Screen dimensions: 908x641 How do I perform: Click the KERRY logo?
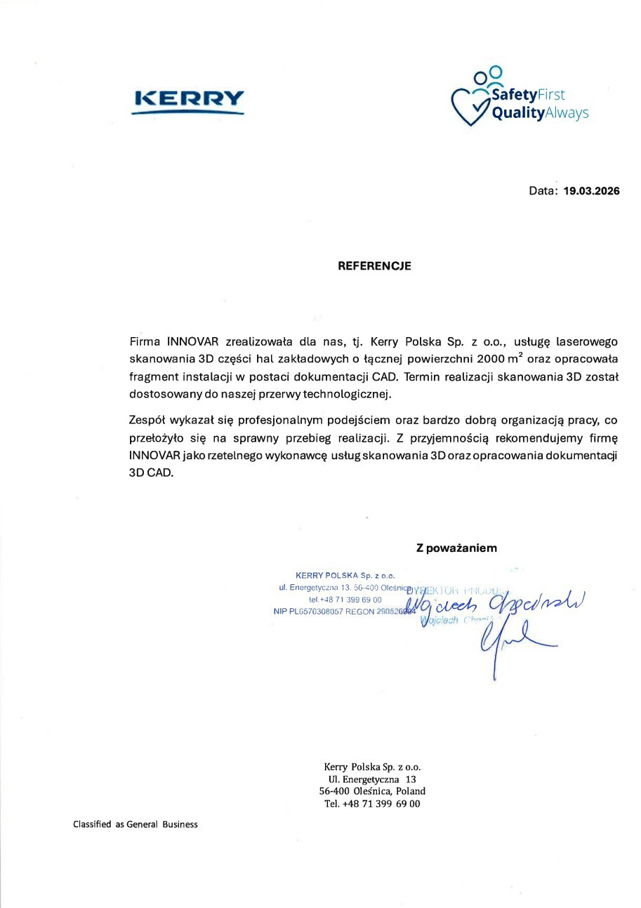(188, 100)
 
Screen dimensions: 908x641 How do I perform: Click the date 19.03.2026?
(592, 190)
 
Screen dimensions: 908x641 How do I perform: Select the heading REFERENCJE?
(374, 266)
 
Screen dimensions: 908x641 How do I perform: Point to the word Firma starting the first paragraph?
(145, 342)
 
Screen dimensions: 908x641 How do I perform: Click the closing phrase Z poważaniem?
(456, 548)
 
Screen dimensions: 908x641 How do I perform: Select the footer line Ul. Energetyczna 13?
(372, 779)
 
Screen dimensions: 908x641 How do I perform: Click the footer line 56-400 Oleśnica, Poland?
(372, 791)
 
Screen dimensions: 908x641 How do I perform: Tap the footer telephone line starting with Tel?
(372, 804)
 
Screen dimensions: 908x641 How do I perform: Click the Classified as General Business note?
(136, 824)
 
